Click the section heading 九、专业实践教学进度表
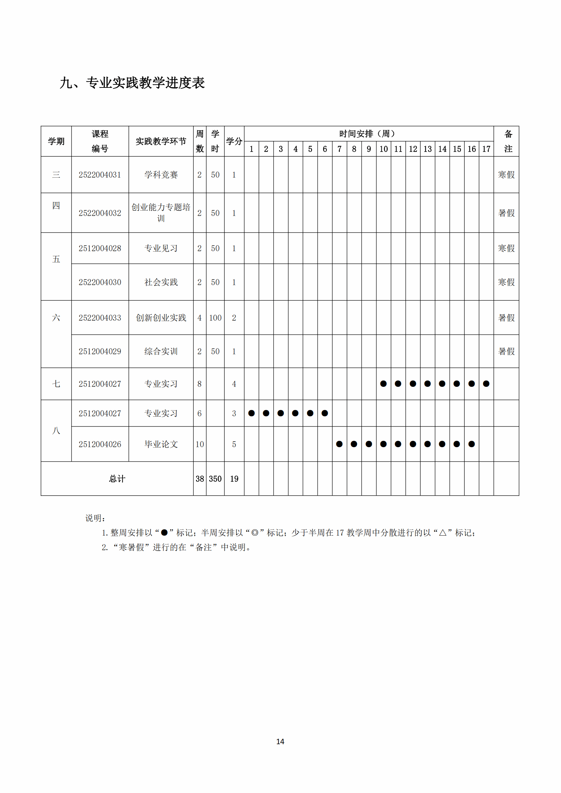132,83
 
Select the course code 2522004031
100,175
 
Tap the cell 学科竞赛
161,175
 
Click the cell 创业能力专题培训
161,213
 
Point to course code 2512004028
100,248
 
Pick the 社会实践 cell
161,282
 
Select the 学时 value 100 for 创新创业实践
215,318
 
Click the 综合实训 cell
161,351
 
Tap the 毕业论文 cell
161,444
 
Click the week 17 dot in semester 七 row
486,384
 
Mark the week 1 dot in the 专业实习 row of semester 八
251,413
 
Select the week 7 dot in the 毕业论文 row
339,444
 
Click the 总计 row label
117,479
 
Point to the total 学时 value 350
215,479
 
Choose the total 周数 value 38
200,479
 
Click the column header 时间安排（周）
368,134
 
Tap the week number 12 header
413,149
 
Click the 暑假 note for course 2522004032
506,213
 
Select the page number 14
280,741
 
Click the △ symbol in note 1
443,533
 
